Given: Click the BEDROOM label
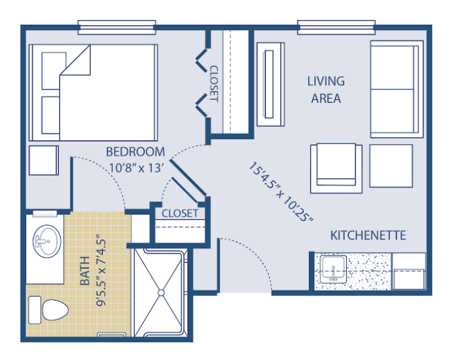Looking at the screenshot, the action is pos(135,152).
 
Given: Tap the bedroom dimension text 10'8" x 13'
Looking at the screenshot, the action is pos(136,168).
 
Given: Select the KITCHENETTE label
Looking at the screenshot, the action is pos(368,235).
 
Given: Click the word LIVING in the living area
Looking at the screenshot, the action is pos(326,81).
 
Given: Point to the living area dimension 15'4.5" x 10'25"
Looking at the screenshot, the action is pos(281,192).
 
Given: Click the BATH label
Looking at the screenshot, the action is pos(85,271).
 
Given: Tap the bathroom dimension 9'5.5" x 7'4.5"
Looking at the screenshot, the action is pos(101,270).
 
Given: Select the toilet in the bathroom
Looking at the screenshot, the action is pos(48,310).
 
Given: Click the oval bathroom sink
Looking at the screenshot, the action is pos(47,241).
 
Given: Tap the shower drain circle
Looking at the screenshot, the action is pos(161,293).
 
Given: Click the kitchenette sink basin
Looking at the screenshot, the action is pos(333,269).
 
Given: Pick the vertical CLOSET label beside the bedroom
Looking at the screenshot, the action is pos(214,83).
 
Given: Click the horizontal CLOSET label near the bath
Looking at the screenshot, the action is pos(179,213).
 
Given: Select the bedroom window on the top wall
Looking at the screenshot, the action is pos(117,27).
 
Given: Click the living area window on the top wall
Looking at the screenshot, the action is pos(336,27).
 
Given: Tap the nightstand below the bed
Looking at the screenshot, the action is pos(43,161).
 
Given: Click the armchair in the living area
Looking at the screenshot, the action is pos(336,168).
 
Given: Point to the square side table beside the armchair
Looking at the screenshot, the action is pos(391,166).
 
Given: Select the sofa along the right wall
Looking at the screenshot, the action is pos(397,89).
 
